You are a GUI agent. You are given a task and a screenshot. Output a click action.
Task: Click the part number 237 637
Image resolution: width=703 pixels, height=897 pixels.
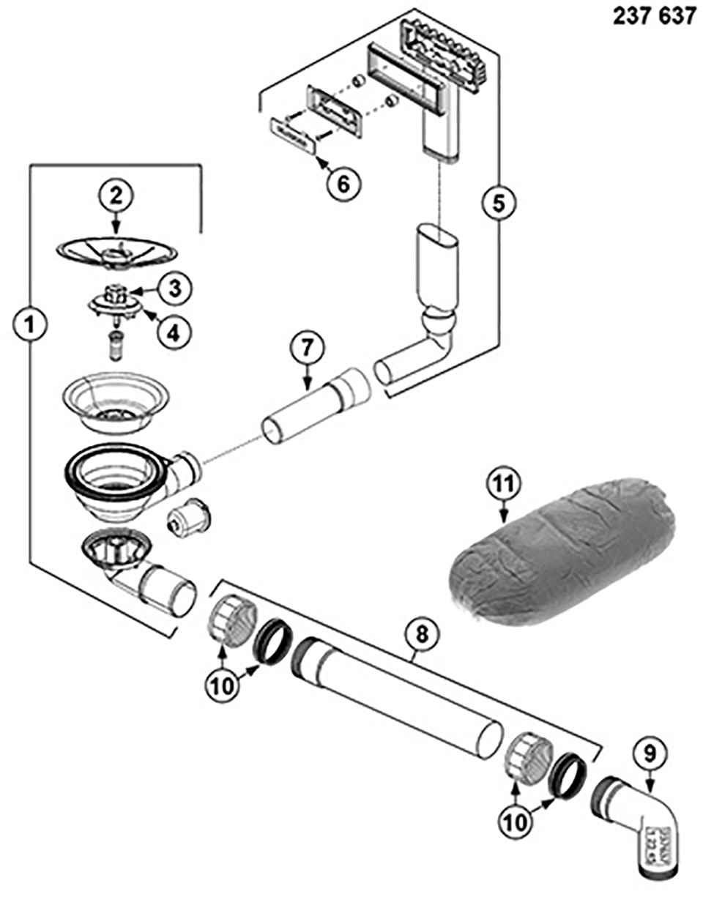654,17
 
